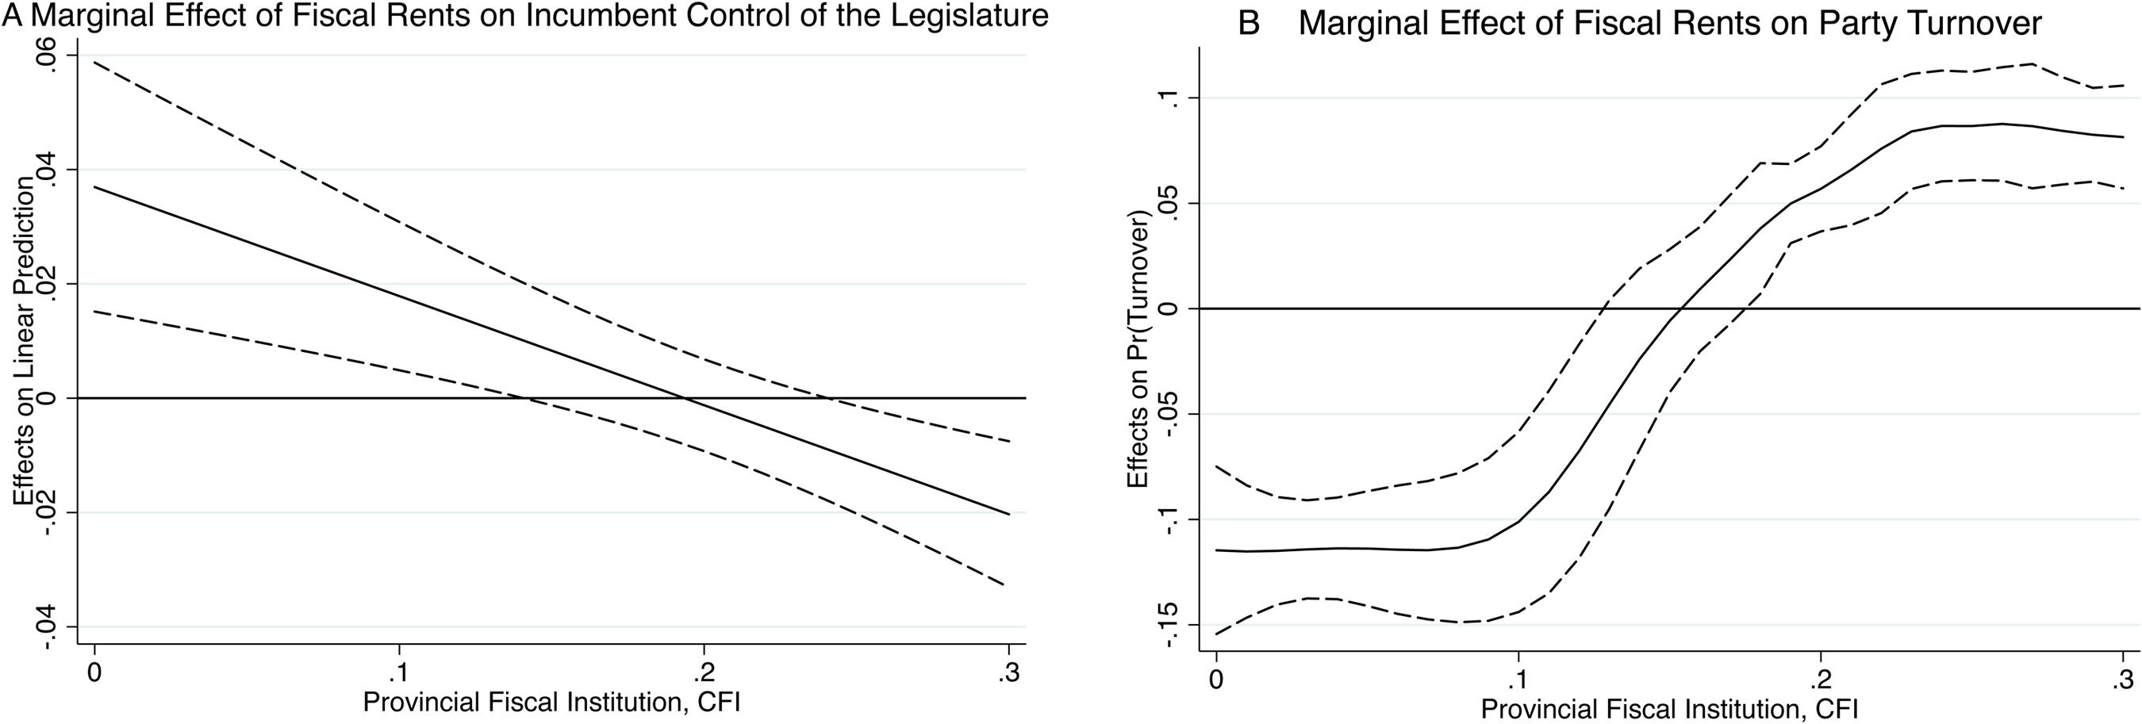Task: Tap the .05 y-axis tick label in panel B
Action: click(1167, 202)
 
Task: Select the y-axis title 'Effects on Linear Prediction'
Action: click(23, 341)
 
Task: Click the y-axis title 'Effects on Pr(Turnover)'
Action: click(1137, 350)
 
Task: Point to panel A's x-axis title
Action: click(551, 703)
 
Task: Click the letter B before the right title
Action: click(1249, 23)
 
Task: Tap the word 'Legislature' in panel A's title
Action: click(969, 17)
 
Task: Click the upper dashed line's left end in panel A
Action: click(94, 62)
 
